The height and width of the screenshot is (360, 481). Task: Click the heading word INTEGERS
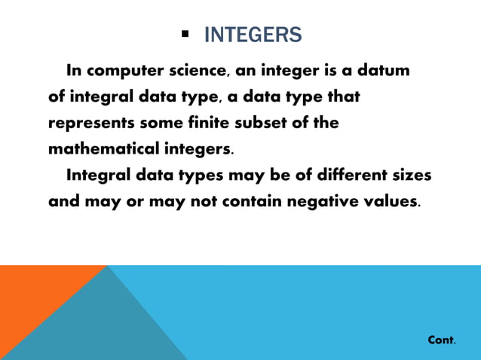[x=253, y=35]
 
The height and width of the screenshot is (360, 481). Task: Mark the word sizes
[x=411, y=175]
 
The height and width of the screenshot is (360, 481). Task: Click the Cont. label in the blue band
[x=441, y=340]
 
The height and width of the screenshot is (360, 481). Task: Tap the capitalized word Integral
[x=97, y=175]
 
